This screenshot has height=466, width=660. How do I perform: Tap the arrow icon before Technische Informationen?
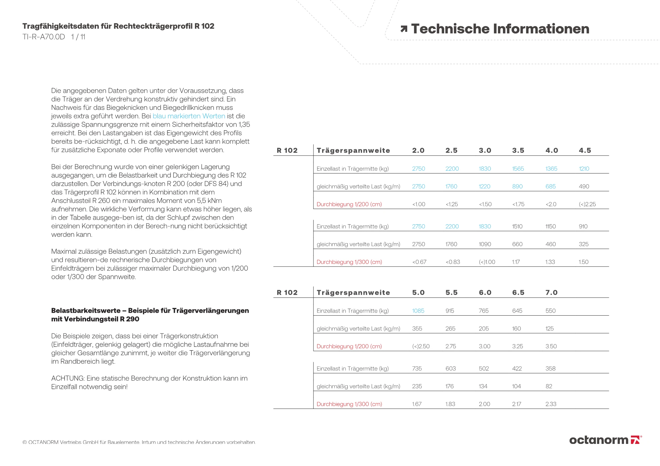click(404, 29)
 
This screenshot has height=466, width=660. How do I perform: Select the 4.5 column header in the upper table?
click(585, 150)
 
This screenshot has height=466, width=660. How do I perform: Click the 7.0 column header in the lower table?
click(551, 293)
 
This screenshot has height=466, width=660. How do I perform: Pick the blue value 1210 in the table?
click(584, 169)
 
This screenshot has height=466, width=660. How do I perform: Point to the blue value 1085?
click(418, 311)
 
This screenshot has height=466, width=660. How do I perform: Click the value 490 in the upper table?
click(584, 186)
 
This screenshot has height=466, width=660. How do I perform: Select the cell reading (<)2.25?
click(587, 204)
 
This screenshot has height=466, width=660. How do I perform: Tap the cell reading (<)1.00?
click(487, 262)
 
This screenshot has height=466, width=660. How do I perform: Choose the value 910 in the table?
click(583, 226)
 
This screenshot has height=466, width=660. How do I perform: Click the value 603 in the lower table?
click(450, 368)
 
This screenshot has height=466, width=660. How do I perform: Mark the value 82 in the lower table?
click(549, 386)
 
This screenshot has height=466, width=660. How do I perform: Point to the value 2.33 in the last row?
click(551, 404)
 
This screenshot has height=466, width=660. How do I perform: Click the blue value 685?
click(550, 186)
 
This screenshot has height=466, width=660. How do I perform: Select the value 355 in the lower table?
click(417, 328)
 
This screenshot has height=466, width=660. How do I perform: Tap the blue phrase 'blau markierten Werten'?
click(189, 116)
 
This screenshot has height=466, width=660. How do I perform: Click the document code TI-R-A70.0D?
click(44, 37)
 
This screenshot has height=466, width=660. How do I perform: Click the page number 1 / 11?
click(78, 37)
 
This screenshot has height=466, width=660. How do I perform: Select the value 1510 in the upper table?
click(517, 226)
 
